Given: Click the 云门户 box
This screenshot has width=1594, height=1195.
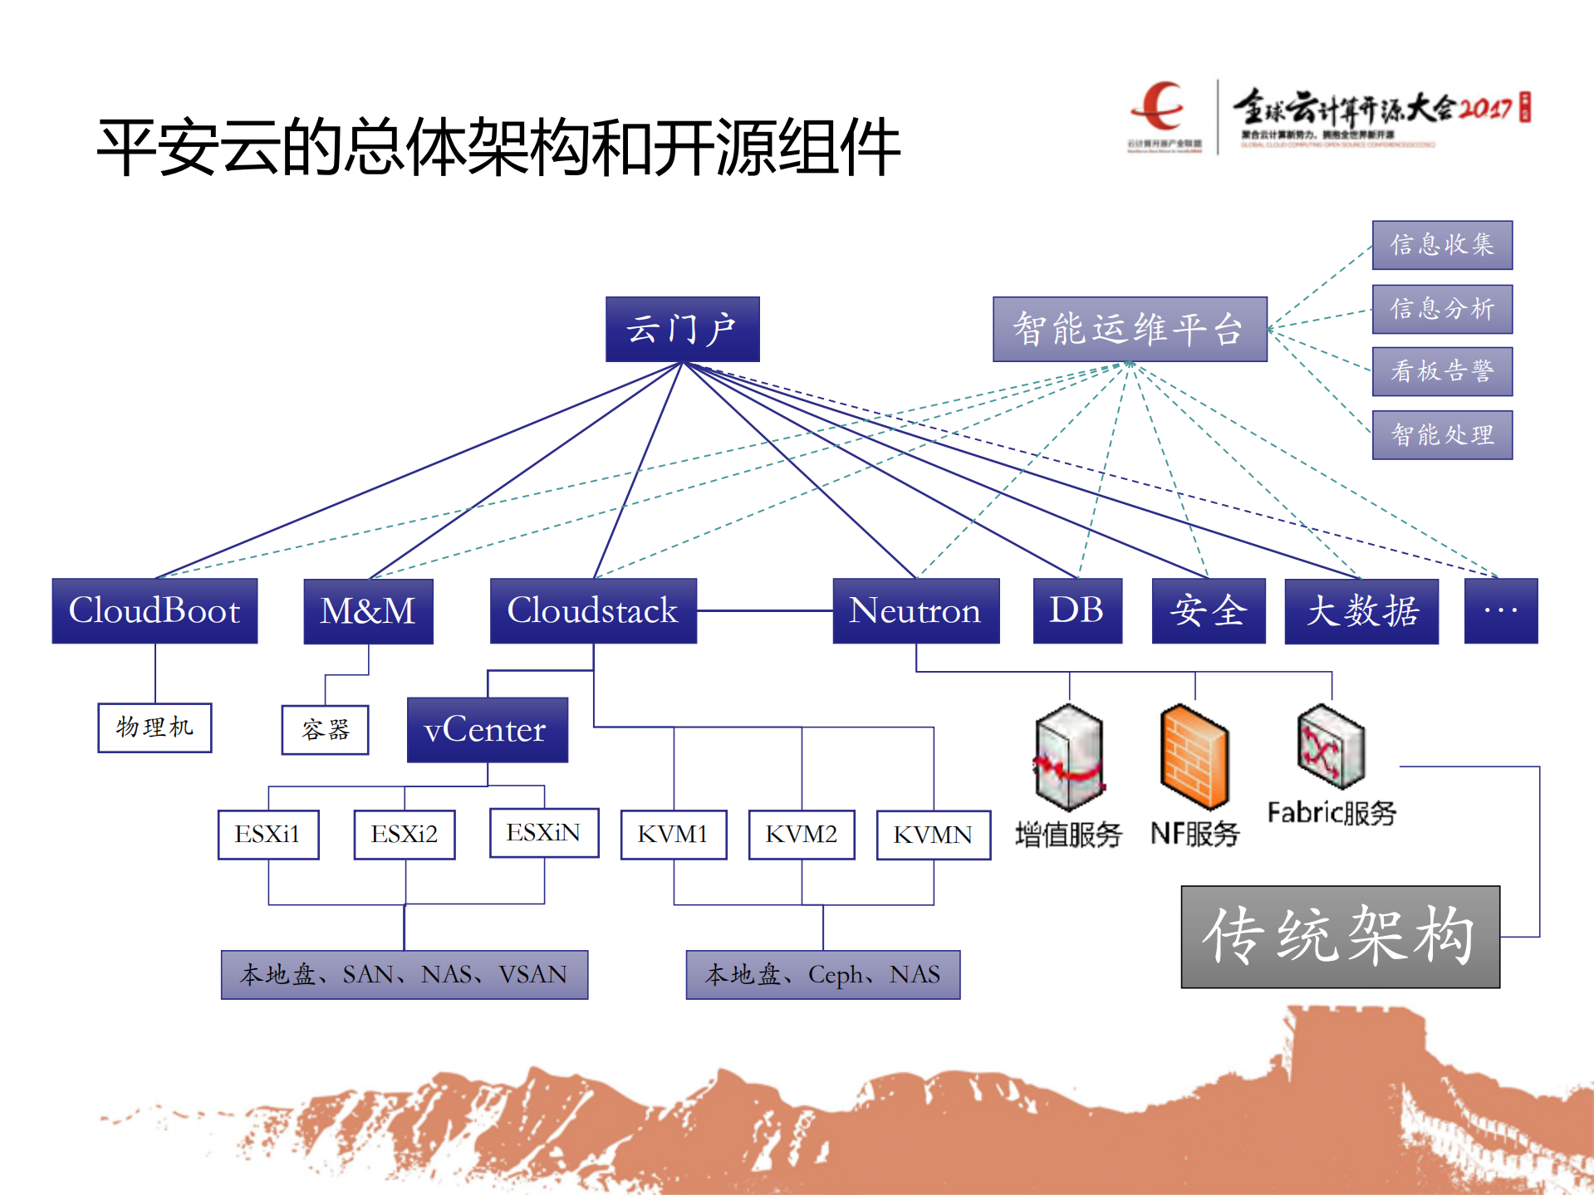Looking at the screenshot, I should click(x=682, y=329).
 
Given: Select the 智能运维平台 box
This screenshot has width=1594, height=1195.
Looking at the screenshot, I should click(x=1129, y=329).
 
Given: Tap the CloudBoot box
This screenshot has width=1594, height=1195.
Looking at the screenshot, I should click(x=154, y=610).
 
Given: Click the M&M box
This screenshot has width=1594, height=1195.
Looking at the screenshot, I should click(x=368, y=611).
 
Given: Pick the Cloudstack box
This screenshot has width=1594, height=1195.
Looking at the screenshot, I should click(x=593, y=610).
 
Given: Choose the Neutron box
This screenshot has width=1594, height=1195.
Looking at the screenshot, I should click(x=915, y=610).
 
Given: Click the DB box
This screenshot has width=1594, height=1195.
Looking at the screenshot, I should click(x=1077, y=610).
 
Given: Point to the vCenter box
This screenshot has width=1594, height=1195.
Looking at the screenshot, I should click(x=487, y=730).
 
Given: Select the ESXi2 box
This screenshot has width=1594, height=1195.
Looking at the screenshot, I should click(x=405, y=834).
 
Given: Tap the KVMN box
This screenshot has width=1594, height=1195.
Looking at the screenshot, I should click(x=933, y=835).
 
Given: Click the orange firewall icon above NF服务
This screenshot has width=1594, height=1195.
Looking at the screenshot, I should click(x=1194, y=757).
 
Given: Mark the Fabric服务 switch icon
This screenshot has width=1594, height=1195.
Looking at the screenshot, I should click(x=1331, y=746).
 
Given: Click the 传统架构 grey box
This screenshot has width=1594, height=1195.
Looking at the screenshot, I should click(x=1340, y=936).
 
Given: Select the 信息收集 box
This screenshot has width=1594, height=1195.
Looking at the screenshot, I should click(x=1442, y=245).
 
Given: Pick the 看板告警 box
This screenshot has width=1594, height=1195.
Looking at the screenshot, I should click(x=1442, y=371).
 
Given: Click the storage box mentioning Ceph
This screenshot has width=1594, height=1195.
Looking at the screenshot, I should click(x=822, y=974).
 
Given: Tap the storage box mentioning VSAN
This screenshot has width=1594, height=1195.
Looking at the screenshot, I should click(x=405, y=974).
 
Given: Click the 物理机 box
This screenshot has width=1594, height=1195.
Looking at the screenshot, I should click(x=154, y=727).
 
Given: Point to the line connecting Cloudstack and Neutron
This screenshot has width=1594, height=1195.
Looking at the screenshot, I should click(x=764, y=610).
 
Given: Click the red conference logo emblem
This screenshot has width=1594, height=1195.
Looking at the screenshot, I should click(x=1160, y=106).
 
